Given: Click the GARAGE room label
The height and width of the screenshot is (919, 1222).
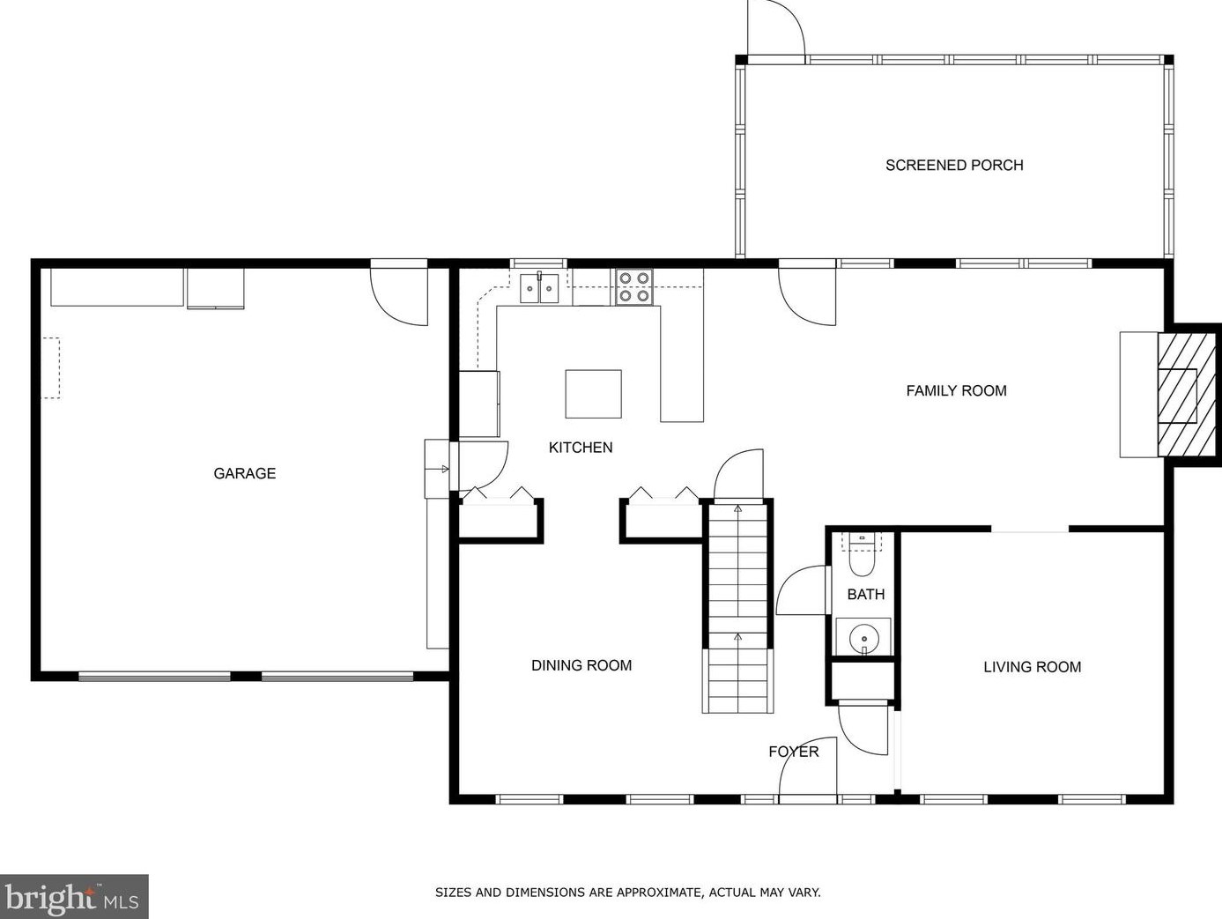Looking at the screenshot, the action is click(244, 473).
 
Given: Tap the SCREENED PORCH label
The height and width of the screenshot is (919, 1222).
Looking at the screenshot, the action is click(954, 166).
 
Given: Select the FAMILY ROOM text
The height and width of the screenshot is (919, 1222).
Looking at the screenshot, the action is click(956, 390).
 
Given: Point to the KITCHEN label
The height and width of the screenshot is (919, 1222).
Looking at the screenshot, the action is click(580, 448).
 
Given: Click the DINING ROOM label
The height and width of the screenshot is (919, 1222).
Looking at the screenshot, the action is click(581, 665).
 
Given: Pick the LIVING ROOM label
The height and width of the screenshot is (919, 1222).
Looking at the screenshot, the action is click(1033, 667).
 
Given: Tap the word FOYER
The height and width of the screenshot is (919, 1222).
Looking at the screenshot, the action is click(793, 752).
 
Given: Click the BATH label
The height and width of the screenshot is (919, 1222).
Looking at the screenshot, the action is click(866, 595).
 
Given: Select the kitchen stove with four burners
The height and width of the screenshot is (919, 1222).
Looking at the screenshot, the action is click(634, 286).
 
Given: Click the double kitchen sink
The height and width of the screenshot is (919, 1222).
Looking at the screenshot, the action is click(539, 288).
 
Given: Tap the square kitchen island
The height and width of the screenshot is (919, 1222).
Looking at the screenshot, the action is click(594, 394).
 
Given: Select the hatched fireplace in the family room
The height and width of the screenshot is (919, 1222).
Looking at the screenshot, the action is click(1187, 395).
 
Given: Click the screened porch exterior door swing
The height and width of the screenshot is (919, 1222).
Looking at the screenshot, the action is click(776, 28).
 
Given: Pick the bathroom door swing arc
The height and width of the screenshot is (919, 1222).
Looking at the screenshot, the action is click(801, 590).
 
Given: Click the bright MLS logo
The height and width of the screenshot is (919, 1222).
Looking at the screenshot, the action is click(73, 896).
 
